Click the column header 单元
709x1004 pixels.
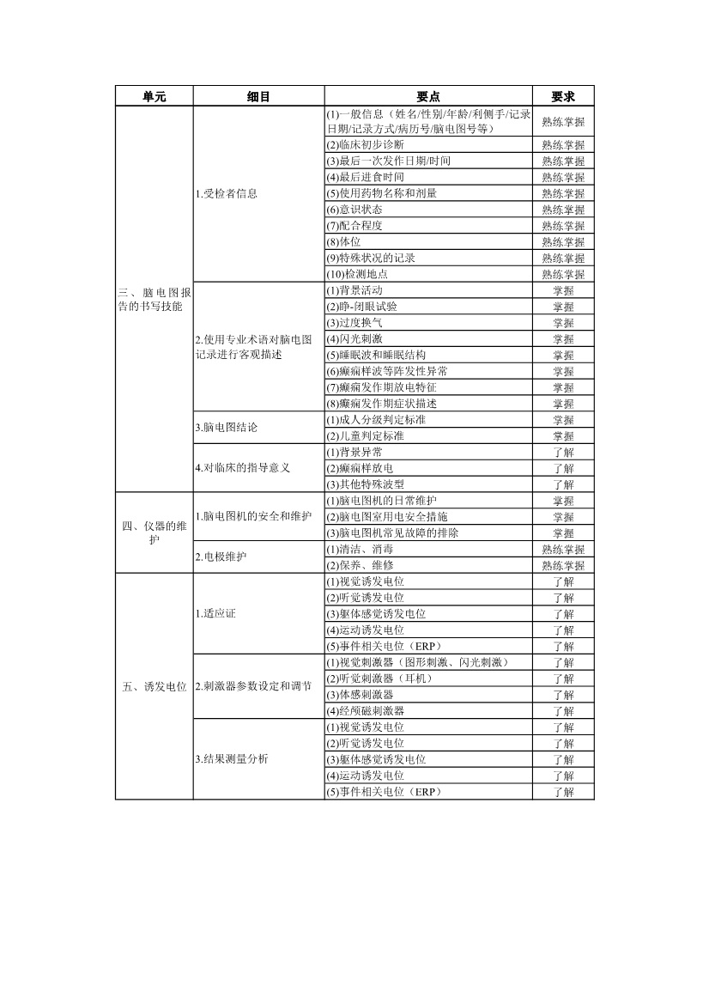(155, 97)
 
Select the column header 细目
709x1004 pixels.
(258, 97)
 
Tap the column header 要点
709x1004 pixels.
(427, 97)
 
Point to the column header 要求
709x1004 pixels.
(562, 97)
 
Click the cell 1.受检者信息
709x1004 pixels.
(227, 193)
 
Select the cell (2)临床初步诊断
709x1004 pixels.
(366, 144)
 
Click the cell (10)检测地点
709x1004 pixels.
(358, 274)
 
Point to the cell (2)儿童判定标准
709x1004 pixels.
(366, 435)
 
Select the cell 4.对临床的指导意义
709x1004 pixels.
(243, 468)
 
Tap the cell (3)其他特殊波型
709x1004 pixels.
(366, 484)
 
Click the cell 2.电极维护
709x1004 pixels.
(221, 557)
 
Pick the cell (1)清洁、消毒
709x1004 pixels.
(361, 549)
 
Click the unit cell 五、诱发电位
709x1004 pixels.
(155, 686)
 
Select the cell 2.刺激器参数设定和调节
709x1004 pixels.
(254, 686)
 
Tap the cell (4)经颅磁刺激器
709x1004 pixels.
(366, 711)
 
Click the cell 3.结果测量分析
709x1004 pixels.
(232, 759)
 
